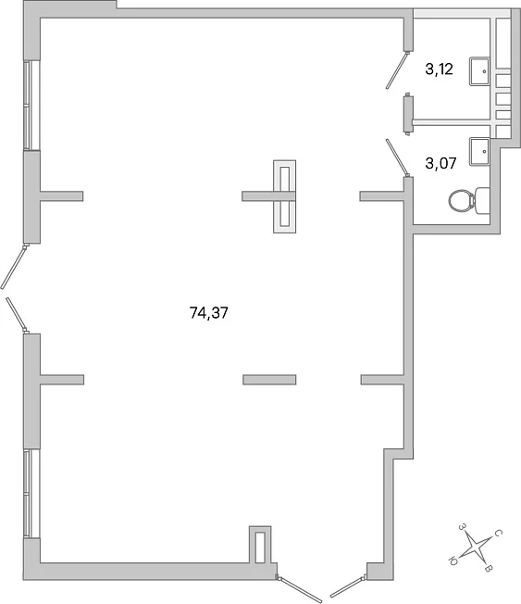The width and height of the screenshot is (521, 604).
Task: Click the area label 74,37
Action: point(208,313)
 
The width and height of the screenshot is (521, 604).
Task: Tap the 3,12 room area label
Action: point(439,69)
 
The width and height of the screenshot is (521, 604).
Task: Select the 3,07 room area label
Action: point(440,163)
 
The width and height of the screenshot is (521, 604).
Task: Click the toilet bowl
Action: point(462,200)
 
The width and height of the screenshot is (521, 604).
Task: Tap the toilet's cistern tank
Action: point(482,200)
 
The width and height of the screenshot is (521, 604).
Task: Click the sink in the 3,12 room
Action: point(479,71)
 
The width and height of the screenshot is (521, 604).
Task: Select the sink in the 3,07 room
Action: point(479,151)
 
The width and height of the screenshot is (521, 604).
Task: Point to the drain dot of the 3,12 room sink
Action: point(484,71)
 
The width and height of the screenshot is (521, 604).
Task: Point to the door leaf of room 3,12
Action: point(397,70)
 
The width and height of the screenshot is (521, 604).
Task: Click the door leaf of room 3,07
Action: point(397,157)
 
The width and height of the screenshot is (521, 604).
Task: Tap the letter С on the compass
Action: point(498,533)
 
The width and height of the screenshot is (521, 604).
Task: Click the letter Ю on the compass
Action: point(453,560)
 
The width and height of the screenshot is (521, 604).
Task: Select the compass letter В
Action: point(488,569)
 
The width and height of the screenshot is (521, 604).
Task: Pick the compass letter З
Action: point(463,526)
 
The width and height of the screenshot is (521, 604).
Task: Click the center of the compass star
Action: point(476,547)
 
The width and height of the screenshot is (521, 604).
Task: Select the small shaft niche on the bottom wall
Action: point(260,547)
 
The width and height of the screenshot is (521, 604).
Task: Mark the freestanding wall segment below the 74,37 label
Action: point(269,380)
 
